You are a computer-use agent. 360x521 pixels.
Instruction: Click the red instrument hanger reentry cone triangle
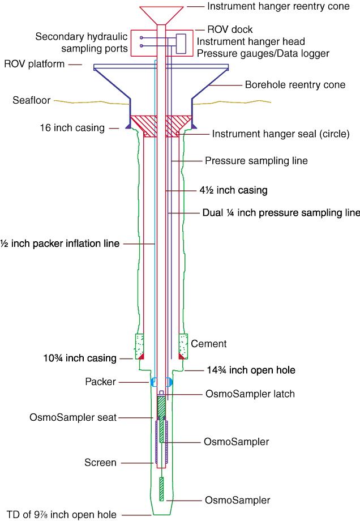(x=161, y=14)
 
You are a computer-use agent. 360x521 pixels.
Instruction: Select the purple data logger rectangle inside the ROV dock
(x=181, y=44)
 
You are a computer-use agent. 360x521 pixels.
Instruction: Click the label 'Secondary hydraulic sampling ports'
(x=82, y=42)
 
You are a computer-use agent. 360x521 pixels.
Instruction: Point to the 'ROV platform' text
(x=35, y=64)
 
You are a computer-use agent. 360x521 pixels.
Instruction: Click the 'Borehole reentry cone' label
(x=295, y=85)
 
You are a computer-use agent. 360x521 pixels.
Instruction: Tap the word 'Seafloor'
(x=32, y=101)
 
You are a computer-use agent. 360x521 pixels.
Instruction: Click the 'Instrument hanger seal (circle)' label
(x=281, y=134)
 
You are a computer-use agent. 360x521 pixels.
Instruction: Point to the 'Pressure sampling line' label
(x=256, y=161)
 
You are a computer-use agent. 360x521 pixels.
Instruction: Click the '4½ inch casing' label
(x=233, y=190)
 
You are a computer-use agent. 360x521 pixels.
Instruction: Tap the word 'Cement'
(x=209, y=344)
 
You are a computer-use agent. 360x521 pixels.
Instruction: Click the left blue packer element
(x=152, y=382)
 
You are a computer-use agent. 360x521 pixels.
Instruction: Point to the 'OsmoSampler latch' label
(x=250, y=394)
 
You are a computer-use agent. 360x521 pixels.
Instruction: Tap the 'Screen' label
(x=100, y=463)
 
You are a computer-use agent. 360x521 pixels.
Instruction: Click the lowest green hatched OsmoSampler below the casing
(x=161, y=489)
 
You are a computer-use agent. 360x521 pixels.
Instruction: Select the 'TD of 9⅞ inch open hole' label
(x=59, y=515)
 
